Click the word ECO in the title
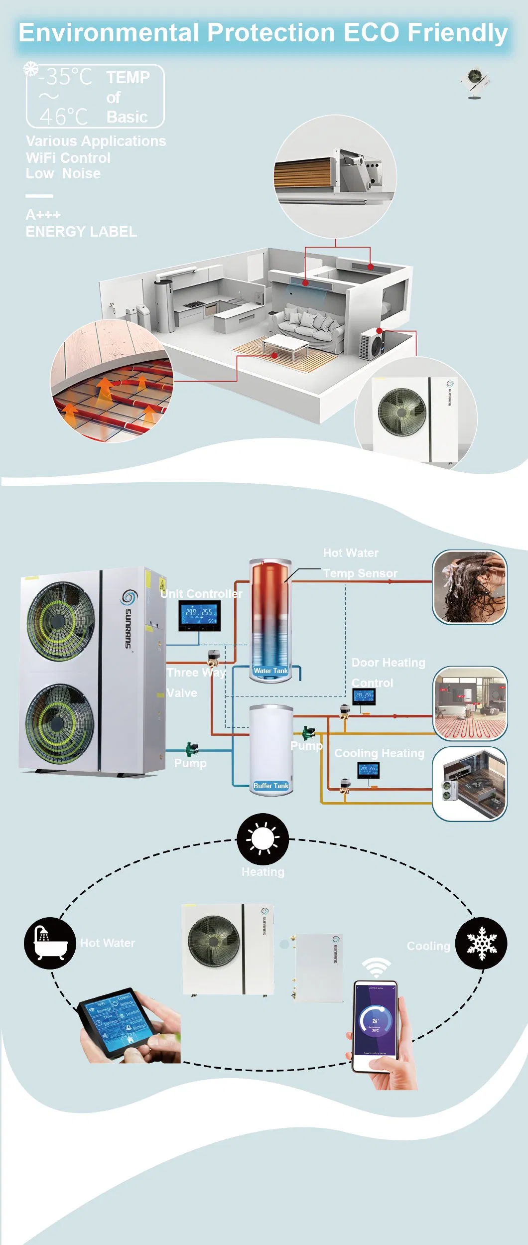pyautogui.click(x=371, y=33)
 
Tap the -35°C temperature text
pyautogui.click(x=65, y=77)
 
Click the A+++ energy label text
pyautogui.click(x=43, y=215)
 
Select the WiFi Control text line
pyautogui.click(x=68, y=158)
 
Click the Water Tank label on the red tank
pyautogui.click(x=270, y=671)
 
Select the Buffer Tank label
pyautogui.click(x=270, y=786)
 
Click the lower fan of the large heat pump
pyautogui.click(x=60, y=723)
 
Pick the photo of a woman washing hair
pyautogui.click(x=469, y=587)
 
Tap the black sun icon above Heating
pyautogui.click(x=263, y=839)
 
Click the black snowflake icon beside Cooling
pyautogui.click(x=481, y=943)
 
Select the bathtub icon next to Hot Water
pyautogui.click(x=50, y=943)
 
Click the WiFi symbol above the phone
pyautogui.click(x=376, y=968)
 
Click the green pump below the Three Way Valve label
pyautogui.click(x=192, y=748)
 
